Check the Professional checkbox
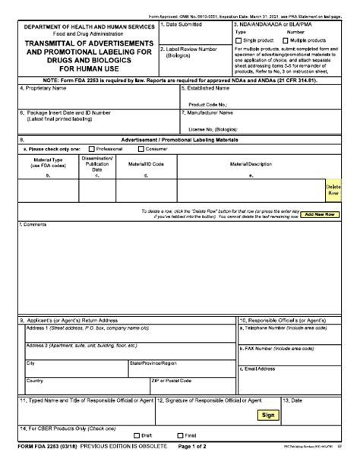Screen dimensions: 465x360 coord(92,149)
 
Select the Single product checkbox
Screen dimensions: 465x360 coord(238,40)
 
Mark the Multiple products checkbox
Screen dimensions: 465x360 coord(284,40)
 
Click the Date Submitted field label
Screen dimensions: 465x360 coord(184,25)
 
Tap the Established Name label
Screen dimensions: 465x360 coord(207,88)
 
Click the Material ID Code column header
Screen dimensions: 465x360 coord(146,163)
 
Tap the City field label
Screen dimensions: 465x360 coord(31,363)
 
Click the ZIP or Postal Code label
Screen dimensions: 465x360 coord(171,380)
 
